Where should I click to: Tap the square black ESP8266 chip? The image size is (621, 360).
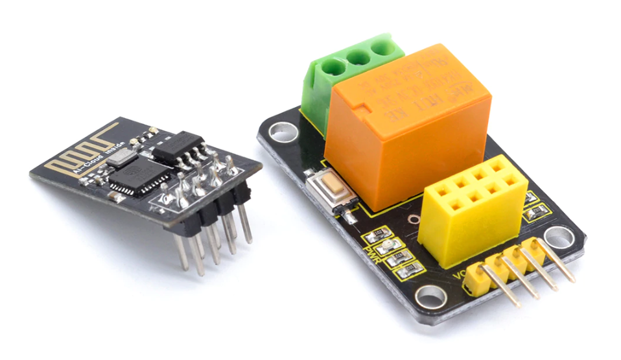click(139, 176)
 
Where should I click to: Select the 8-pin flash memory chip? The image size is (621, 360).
click(179, 147)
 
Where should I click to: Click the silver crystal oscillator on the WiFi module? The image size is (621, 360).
click(121, 155)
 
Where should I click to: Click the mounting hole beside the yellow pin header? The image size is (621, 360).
click(429, 296)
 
